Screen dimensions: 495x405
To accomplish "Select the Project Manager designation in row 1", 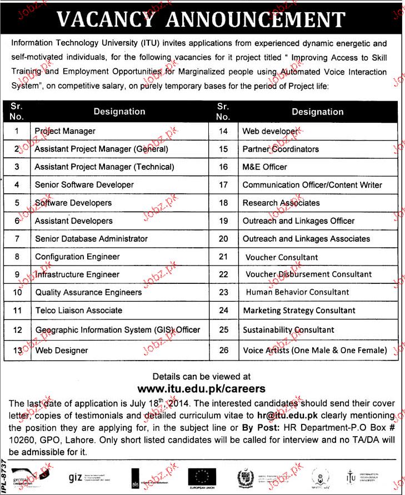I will click(65, 132).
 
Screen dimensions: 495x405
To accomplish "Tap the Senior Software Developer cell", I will click(84, 185).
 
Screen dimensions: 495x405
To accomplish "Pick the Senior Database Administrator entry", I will click(91, 239).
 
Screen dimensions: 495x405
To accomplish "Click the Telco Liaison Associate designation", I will click(78, 311).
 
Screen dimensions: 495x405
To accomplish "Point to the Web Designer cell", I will click(62, 351).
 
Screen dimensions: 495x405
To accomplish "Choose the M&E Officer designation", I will click(265, 167).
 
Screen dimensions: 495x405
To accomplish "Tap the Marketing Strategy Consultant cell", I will click(299, 311).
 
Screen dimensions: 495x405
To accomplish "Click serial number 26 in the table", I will click(223, 351).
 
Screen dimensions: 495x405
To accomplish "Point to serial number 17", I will click(223, 185).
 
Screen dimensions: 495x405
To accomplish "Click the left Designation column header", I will click(119, 112).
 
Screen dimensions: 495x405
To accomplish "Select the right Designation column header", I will click(318, 112).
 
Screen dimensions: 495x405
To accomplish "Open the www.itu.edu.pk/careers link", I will click(202, 388).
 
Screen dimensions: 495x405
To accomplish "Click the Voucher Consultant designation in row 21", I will click(282, 257).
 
